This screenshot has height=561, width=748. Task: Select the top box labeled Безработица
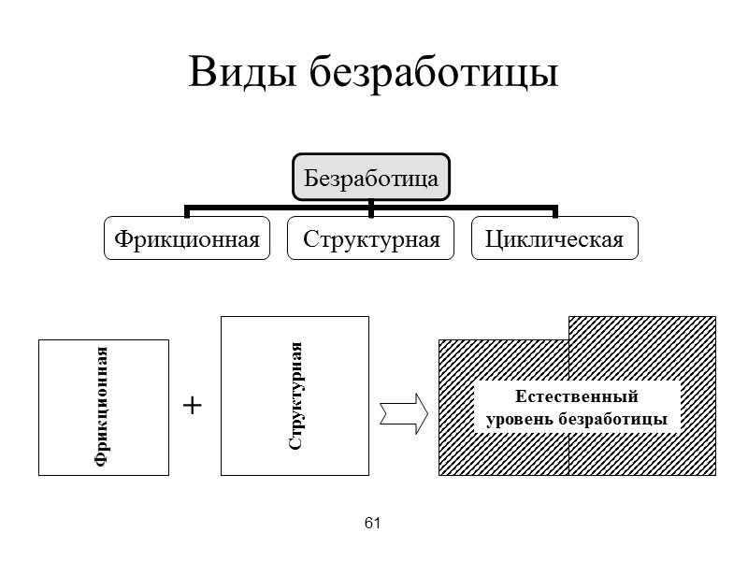point(371,177)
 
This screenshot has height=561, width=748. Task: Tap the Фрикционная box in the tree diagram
point(186,239)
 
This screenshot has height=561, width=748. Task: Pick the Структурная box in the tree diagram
point(371,239)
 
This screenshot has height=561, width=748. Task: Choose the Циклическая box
point(554,239)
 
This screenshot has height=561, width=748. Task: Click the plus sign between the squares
point(192,405)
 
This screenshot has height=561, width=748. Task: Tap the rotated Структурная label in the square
point(295,396)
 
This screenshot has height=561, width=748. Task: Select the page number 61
point(373,523)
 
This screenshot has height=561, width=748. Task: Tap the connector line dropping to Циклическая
point(554,211)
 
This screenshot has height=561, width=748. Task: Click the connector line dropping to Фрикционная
point(187,211)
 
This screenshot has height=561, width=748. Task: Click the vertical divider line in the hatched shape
point(568,453)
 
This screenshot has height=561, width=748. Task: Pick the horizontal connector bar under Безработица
point(280,207)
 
